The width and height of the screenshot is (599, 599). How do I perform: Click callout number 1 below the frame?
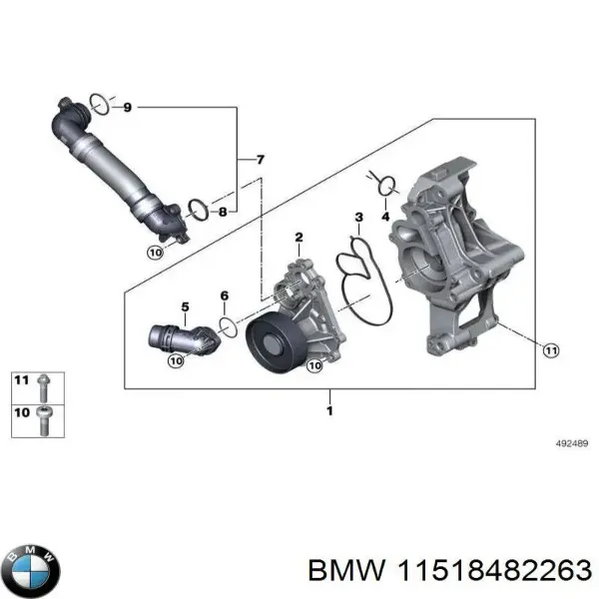pos(329,409)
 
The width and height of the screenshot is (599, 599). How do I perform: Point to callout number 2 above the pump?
pos(297,238)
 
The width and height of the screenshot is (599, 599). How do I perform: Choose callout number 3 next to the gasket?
pos(358,218)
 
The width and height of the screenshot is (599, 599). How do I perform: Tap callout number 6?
pos(224,297)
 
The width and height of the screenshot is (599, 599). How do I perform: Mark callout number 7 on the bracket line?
pos(261,160)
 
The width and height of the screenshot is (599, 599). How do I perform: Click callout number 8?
pos(223,212)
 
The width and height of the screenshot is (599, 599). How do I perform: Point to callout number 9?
pos(126,106)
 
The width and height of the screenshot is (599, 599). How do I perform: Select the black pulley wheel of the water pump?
pos(271,343)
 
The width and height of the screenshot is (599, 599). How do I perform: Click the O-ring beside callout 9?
pos(99,103)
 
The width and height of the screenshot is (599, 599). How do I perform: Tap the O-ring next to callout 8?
pos(199,210)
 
